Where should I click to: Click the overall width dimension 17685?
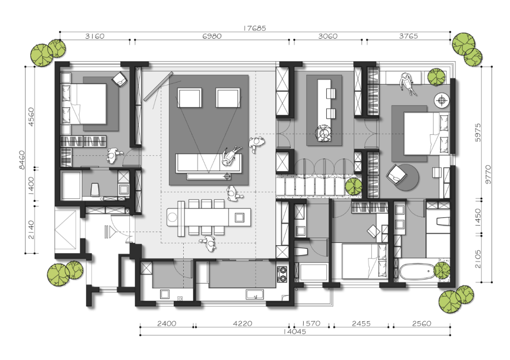[255, 28]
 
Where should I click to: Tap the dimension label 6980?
[212, 36]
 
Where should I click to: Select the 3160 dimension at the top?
[94, 36]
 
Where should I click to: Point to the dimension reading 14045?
[295, 332]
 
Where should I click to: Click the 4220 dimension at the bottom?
[243, 324]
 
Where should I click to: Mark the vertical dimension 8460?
[22, 160]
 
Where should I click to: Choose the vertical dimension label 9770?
[488, 174]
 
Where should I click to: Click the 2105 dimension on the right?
[478, 259]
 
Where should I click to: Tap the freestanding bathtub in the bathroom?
[416, 271]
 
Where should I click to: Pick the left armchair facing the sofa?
[189, 97]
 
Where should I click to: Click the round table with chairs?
[323, 133]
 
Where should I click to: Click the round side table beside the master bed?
[442, 100]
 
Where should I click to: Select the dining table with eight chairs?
[209, 217]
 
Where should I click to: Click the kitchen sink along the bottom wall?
[256, 295]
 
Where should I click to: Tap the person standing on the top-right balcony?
[407, 83]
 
